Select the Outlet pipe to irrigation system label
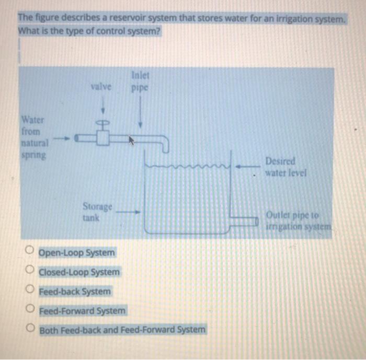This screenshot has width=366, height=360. coord(298,220)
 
